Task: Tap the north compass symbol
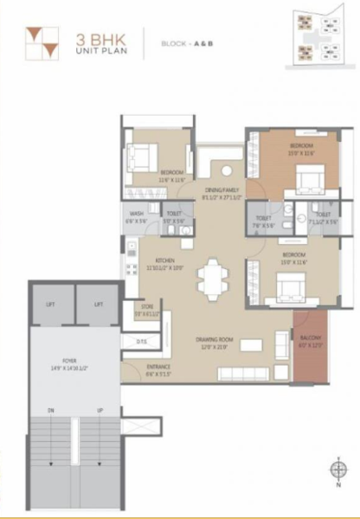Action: pos(338,470)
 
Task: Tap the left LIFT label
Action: pos(50,305)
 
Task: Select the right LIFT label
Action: pos(99,305)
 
